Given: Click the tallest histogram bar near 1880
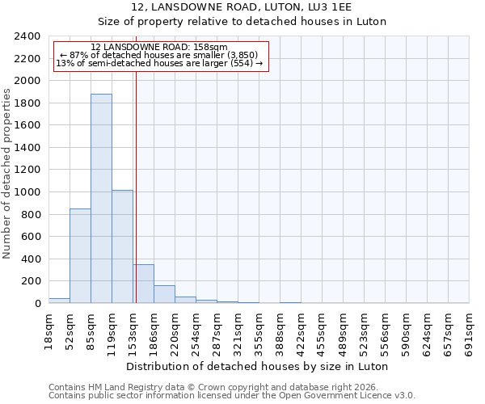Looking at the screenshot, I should point(101,198).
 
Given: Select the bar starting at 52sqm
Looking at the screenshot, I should point(80,255).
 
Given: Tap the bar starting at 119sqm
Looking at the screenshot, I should point(122,246).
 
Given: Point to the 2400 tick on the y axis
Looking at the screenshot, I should point(27,36).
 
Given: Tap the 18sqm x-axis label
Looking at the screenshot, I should point(48,330).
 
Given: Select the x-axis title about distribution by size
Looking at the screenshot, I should point(259,366).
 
